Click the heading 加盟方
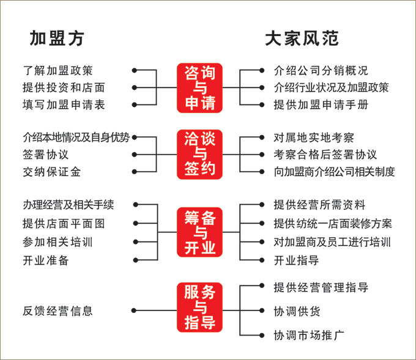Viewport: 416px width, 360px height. coord(57,39)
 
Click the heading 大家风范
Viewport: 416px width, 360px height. coord(302,39)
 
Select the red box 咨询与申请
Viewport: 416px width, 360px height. coord(200,88)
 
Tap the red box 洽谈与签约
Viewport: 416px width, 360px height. coord(200,154)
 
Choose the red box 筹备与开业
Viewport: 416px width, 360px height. coord(200,232)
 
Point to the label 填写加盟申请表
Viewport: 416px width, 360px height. coord(64,105)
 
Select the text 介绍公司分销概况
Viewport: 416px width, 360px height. coord(321,71)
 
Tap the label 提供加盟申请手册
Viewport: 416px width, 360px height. coord(321,105)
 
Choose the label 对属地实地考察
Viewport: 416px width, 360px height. coord(314,138)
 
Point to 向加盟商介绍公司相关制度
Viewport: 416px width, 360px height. coord(335,172)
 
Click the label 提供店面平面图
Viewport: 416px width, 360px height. coord(64,222)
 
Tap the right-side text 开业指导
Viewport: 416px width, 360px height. coord(297,260)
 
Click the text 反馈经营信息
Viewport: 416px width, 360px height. coord(58,311)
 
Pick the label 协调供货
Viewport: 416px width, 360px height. coord(297,311)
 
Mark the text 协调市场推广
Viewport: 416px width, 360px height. coord(310,336)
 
